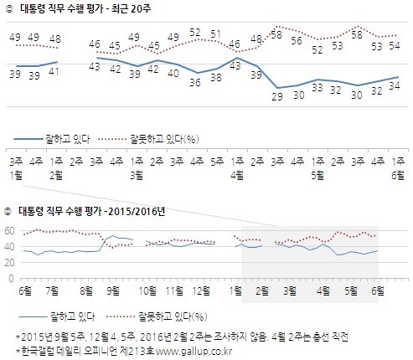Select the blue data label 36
196,82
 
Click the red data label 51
216,34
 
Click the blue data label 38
216,77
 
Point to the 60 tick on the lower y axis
10,231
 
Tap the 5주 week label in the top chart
216,162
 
